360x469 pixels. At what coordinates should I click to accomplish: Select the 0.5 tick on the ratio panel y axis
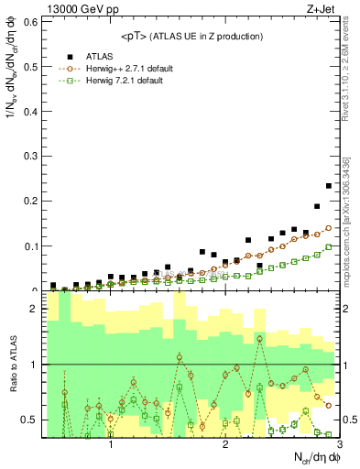tap(30, 420)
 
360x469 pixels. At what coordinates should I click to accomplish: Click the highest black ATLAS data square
tap(329, 186)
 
